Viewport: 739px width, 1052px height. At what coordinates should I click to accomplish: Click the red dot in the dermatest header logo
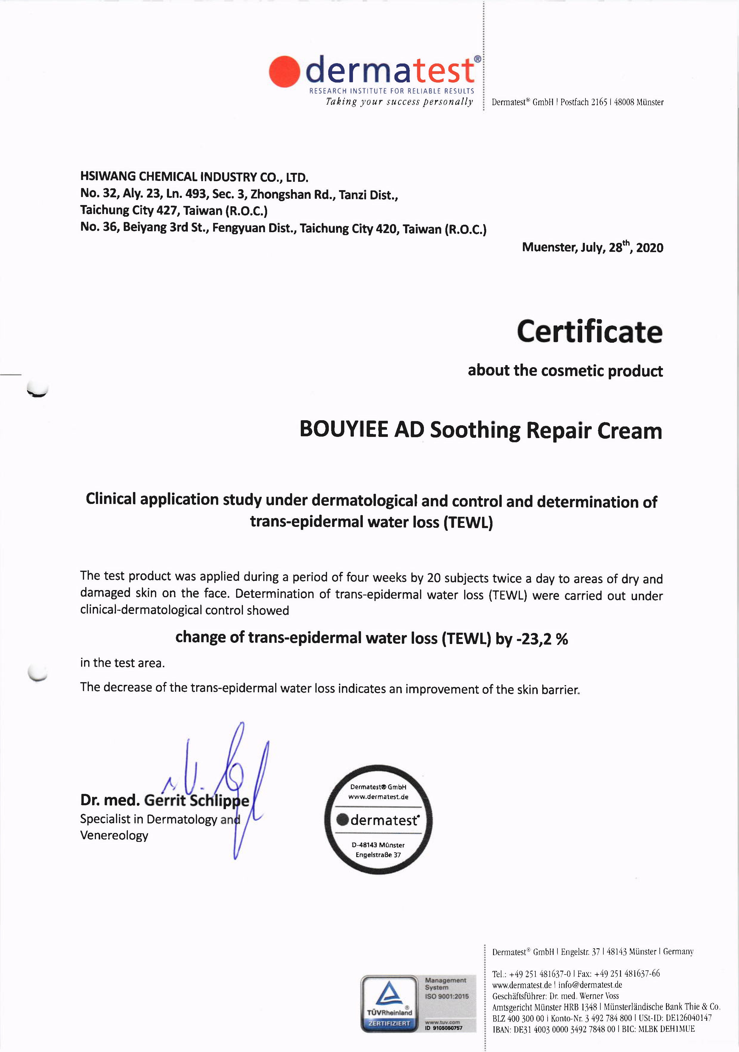click(284, 72)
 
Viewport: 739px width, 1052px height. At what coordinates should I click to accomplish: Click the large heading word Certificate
click(590, 332)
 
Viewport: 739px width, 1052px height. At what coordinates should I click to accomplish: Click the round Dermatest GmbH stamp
click(378, 820)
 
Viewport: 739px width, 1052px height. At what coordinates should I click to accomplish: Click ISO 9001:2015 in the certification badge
click(447, 996)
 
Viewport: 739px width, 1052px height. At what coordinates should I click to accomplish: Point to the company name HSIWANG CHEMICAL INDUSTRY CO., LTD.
click(194, 177)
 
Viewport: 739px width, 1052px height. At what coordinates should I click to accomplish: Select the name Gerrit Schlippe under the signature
click(197, 800)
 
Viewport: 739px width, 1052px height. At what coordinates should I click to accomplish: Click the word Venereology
click(114, 835)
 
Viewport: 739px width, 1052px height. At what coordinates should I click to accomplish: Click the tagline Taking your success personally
click(399, 102)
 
